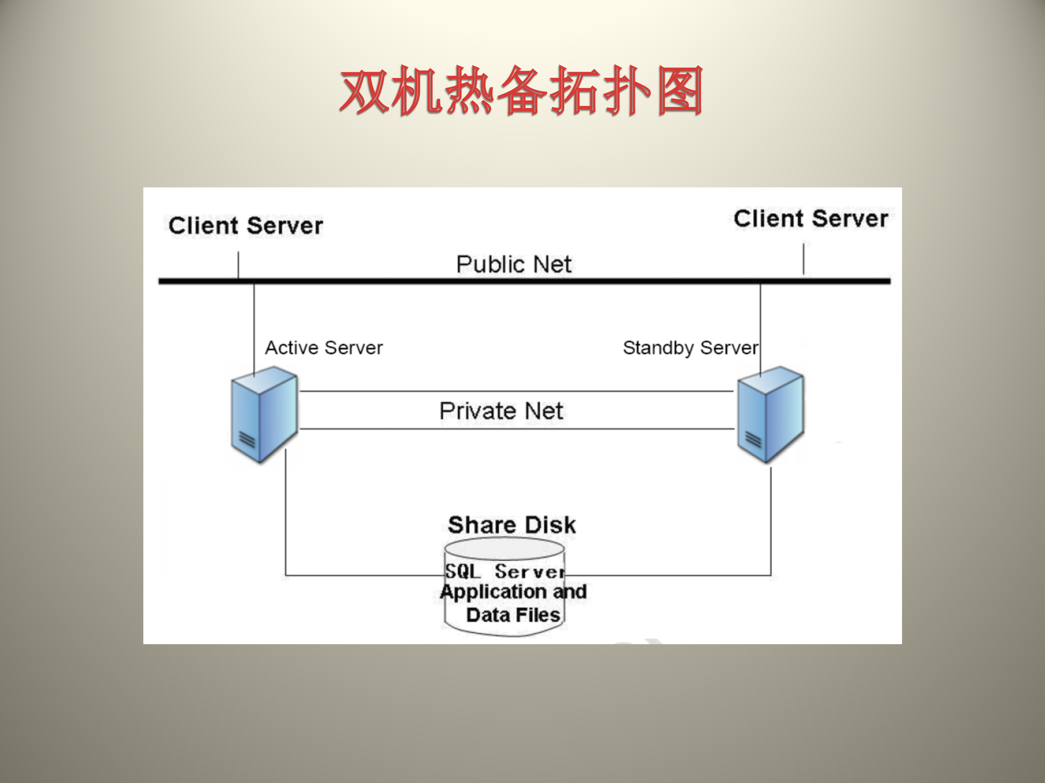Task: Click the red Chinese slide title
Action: pos(521,91)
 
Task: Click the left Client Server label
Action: pos(246,225)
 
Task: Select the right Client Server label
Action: pos(811,219)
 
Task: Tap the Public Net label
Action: pos(513,264)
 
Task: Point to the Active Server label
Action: pos(324,348)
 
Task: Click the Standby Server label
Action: pos(690,348)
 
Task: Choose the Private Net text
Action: pos(501,411)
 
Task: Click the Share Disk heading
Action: pos(512,525)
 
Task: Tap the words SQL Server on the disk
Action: pos(505,572)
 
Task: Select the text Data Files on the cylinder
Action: pos(513,615)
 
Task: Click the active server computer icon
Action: pos(264,414)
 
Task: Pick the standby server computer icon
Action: pos(770,414)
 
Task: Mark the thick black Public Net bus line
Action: pos(524,281)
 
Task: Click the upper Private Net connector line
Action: pos(516,391)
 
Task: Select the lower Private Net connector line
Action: pos(516,429)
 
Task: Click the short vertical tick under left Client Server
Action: pos(238,264)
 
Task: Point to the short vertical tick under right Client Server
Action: pos(803,258)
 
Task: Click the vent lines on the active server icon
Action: pos(247,440)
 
